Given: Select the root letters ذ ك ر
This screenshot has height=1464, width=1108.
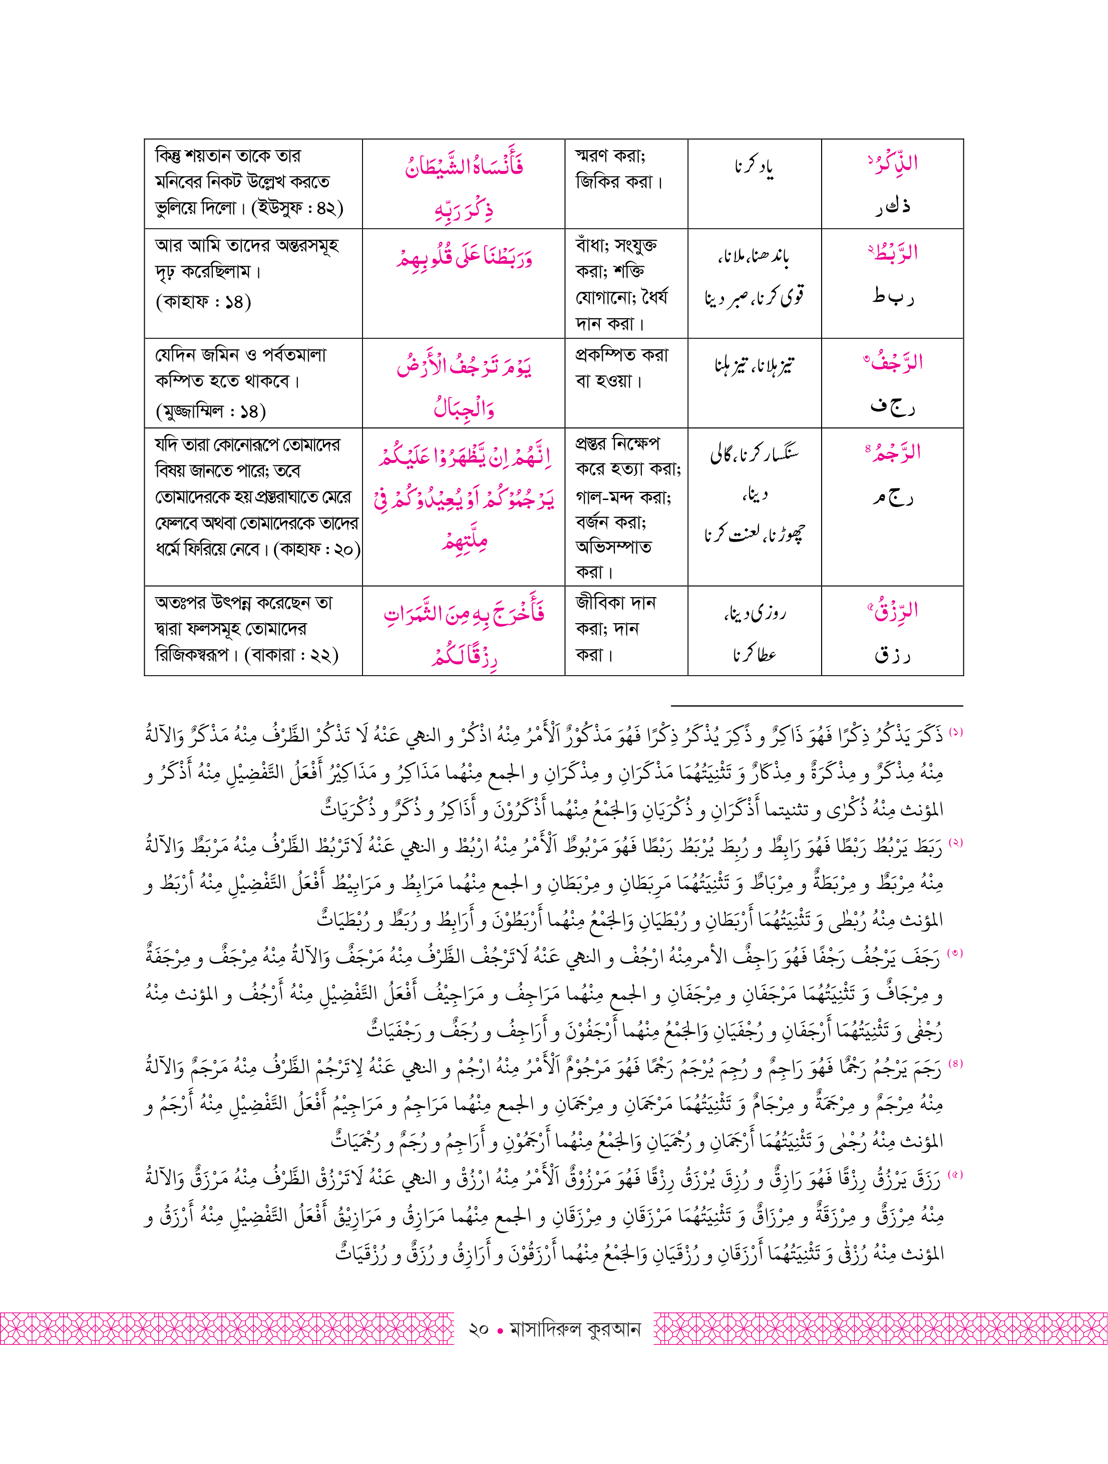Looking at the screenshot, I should click(x=892, y=206).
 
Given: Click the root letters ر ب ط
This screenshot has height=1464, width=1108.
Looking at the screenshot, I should click(x=892, y=296).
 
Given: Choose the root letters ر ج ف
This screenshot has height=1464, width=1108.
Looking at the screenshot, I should click(x=892, y=406).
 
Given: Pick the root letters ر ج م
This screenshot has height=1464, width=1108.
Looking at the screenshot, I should click(x=892, y=497).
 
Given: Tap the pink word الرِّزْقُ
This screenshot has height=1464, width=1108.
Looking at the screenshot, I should click(x=894, y=611).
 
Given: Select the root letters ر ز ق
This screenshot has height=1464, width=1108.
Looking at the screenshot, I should click(x=892, y=655).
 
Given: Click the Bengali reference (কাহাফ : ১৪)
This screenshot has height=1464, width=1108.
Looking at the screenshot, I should click(x=203, y=302).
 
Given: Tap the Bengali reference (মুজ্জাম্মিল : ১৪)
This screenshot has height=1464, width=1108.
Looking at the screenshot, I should click(x=210, y=411).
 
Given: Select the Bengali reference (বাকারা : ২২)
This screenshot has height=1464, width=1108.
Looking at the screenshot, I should click(x=291, y=655).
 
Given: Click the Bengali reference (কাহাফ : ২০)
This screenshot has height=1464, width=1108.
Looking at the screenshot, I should click(x=317, y=549).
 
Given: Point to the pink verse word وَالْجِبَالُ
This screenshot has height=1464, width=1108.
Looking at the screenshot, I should click(x=464, y=407).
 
